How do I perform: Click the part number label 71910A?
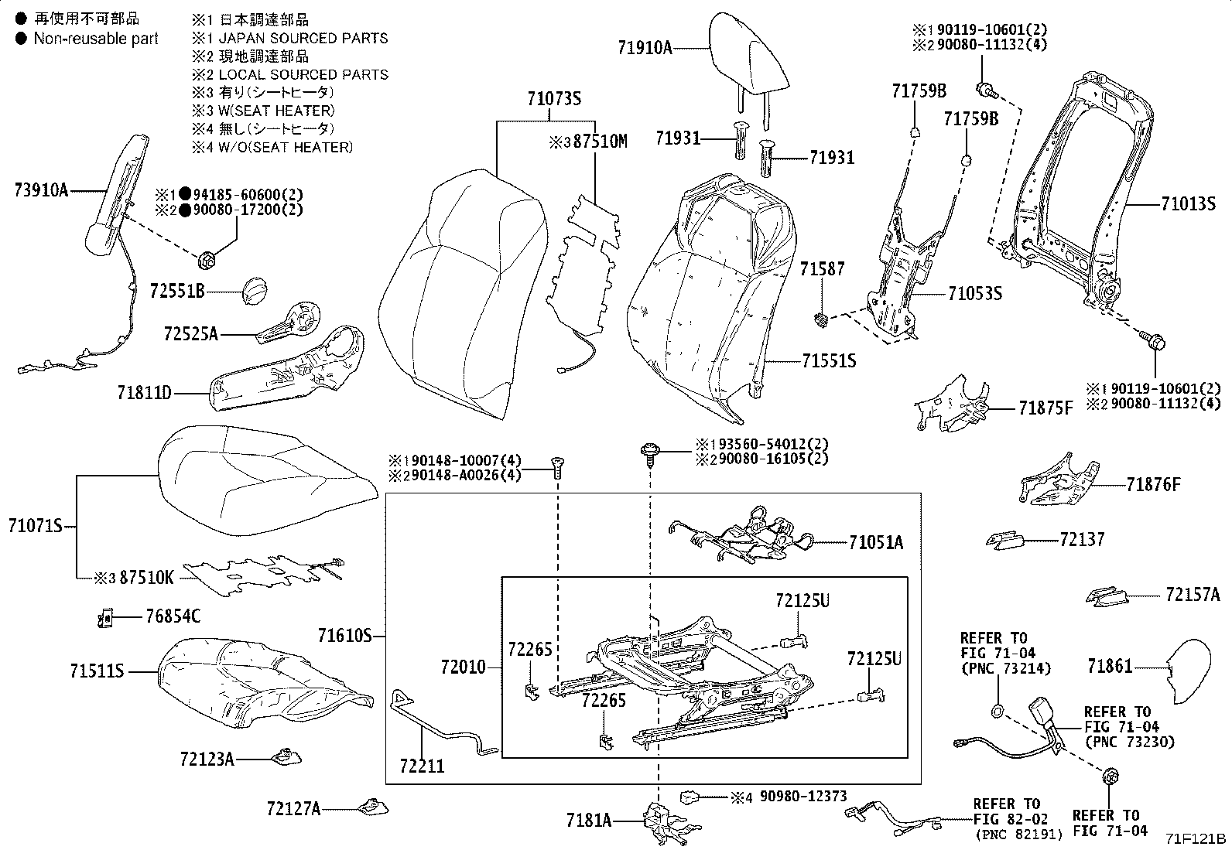(x=645, y=47)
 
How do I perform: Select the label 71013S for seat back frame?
(x=1188, y=204)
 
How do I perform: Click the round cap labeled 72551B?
(x=255, y=292)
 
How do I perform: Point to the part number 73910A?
(x=41, y=189)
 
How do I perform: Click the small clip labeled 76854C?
(x=107, y=617)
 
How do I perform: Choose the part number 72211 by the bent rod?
(x=422, y=766)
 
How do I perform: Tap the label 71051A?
(x=875, y=542)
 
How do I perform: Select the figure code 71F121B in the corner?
(x=1197, y=838)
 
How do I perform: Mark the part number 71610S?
(x=344, y=637)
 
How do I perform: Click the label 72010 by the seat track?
(x=463, y=667)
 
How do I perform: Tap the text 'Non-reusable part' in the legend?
(x=95, y=39)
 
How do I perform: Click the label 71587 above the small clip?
(x=823, y=269)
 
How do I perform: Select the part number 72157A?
(x=1193, y=594)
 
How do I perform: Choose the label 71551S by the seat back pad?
(x=829, y=360)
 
